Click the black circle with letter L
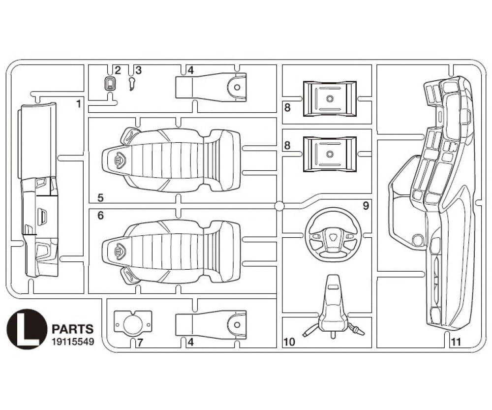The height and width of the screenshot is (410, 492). [x=27, y=329]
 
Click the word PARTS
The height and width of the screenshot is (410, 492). [x=72, y=329]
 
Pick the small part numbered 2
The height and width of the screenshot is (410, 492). [x=111, y=83]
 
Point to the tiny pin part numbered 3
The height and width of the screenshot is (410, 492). [x=131, y=84]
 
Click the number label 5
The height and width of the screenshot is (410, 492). [x=100, y=198]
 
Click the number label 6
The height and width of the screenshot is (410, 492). [x=100, y=215]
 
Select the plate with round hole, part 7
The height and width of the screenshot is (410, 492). [x=132, y=323]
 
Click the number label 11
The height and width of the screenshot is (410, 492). [x=456, y=341]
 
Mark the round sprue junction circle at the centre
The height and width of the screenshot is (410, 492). [x=279, y=206]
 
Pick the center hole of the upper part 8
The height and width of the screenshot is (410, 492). [x=330, y=98]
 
